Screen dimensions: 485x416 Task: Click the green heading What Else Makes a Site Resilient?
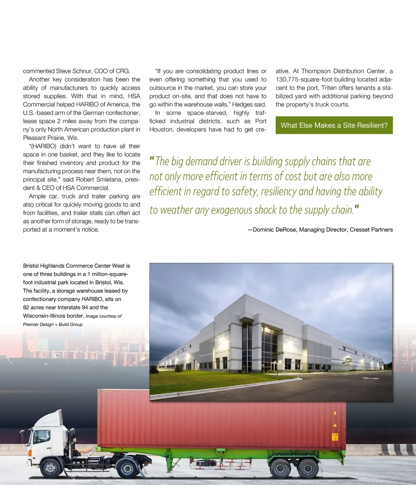coord(334,125)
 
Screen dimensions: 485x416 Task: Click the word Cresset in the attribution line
coord(361,230)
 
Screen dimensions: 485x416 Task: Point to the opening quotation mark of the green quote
coord(151,160)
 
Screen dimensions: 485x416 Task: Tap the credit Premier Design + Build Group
coord(53,325)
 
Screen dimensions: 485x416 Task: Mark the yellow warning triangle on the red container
coord(335,425)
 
